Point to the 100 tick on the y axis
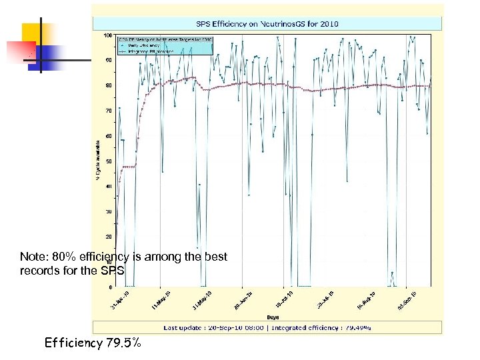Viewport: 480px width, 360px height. [107, 35]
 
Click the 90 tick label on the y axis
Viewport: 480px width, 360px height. [109, 60]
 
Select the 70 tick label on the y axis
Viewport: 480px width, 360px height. [109, 111]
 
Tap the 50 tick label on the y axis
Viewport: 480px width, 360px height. [109, 161]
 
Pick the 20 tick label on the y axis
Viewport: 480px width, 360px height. [109, 237]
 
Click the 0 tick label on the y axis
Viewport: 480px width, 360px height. [110, 287]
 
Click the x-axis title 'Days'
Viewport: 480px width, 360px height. [273, 317]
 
